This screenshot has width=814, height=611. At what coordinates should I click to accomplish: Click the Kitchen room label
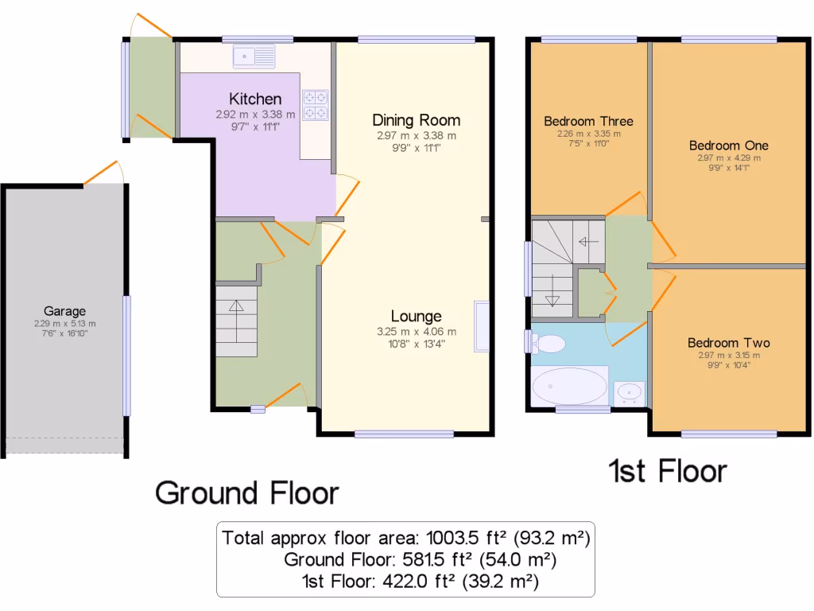pyautogui.click(x=255, y=99)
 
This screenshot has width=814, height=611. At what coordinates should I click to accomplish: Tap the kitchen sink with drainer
pyautogui.click(x=254, y=56)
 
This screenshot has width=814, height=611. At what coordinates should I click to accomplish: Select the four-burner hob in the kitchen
pyautogui.click(x=316, y=105)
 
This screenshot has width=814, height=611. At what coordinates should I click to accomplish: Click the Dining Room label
pyautogui.click(x=417, y=120)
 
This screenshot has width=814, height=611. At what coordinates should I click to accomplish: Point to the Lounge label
pyautogui.click(x=417, y=316)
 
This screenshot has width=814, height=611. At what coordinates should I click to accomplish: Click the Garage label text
pyautogui.click(x=65, y=311)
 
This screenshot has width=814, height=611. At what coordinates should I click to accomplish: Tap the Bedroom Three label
pyautogui.click(x=589, y=121)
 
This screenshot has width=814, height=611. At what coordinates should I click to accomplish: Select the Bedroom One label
pyautogui.click(x=729, y=146)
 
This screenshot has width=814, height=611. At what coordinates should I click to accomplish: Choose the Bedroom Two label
pyautogui.click(x=729, y=343)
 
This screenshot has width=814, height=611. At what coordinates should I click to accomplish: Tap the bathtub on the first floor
pyautogui.click(x=569, y=386)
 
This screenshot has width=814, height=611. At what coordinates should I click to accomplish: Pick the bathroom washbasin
pyautogui.click(x=630, y=393)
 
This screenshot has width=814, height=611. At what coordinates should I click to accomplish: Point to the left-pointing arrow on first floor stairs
pyautogui.click(x=588, y=242)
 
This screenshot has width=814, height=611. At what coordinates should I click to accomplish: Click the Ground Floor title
pyautogui.click(x=247, y=493)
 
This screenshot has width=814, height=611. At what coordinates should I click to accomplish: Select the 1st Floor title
pyautogui.click(x=668, y=471)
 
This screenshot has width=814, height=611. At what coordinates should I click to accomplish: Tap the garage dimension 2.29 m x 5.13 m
pyautogui.click(x=65, y=324)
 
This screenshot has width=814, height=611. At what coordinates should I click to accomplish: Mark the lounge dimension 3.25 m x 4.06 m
pyautogui.click(x=417, y=332)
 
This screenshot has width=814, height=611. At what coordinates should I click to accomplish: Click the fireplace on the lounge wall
pyautogui.click(x=481, y=327)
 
